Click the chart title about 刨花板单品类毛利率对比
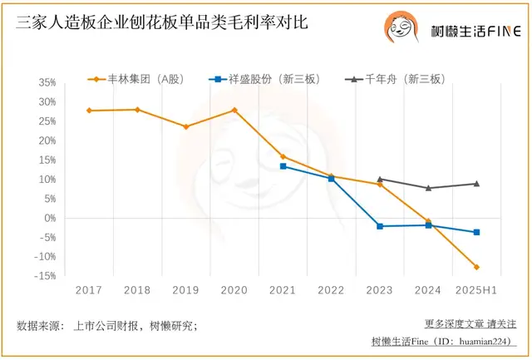161,22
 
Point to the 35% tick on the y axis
47,83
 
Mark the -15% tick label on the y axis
45,276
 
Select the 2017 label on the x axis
88,289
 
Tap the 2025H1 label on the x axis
476,289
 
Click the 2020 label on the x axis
234,289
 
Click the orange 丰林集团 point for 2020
234,110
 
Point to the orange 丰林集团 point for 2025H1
477,267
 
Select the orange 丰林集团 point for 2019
185,126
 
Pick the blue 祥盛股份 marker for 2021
283,166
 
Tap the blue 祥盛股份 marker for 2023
380,226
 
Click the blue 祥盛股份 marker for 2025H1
477,232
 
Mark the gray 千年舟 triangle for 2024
428,188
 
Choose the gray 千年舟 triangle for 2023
380,179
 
